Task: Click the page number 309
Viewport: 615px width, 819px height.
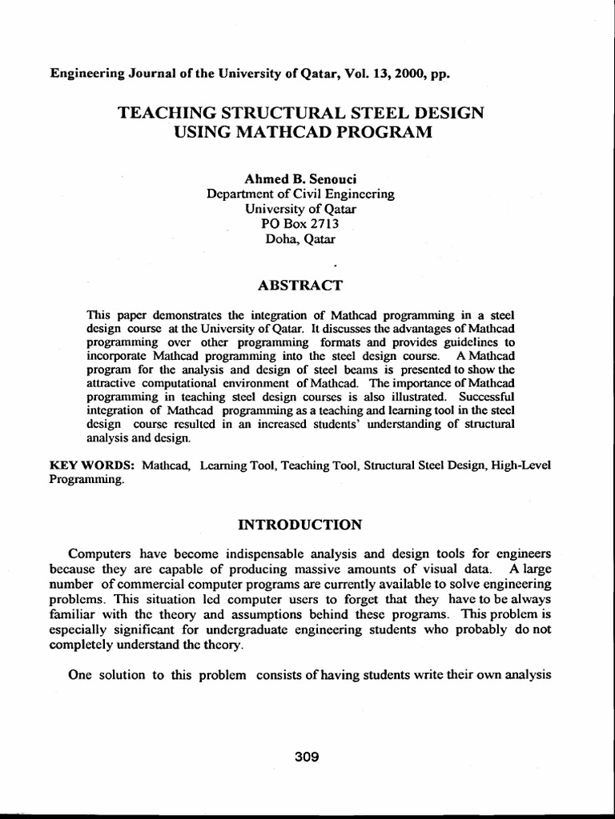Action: tap(307, 757)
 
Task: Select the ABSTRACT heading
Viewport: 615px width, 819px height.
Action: tap(300, 285)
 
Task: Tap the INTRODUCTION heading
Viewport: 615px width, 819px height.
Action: tap(300, 525)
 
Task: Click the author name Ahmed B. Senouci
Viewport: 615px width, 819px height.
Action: tap(300, 179)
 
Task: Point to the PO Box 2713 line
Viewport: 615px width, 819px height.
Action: tap(300, 224)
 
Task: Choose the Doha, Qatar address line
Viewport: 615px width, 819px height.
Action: tap(300, 238)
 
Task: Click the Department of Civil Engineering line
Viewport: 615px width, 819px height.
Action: tap(300, 194)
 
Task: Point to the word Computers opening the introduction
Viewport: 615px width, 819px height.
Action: tap(101, 553)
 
